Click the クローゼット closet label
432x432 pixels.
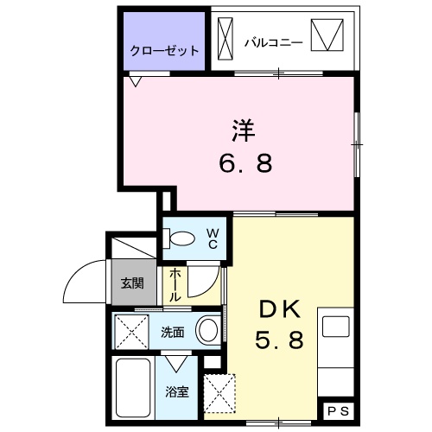tap(165, 51)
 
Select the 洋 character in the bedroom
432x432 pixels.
tap(244, 131)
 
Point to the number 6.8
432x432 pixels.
tap(244, 163)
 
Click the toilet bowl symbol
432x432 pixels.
tap(181, 238)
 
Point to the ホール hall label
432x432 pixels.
tap(175, 283)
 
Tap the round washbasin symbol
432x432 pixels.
tap(207, 329)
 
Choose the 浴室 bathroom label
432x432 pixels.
tap(176, 391)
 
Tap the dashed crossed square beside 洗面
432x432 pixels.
tap(133, 329)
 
